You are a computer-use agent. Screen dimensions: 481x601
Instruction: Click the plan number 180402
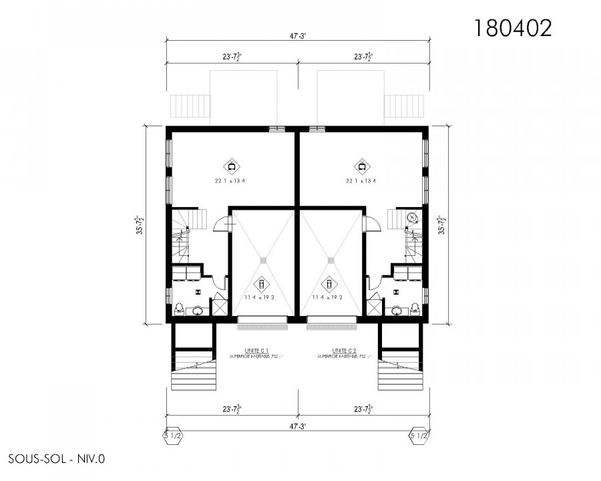coord(513,27)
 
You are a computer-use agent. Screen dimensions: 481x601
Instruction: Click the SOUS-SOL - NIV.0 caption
coord(57,459)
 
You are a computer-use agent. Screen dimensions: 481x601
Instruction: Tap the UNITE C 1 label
coord(256,350)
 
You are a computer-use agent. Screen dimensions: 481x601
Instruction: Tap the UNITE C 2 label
coord(343,350)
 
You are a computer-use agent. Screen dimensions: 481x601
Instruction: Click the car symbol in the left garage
coord(261,283)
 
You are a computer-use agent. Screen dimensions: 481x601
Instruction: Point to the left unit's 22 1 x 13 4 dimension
coord(231,180)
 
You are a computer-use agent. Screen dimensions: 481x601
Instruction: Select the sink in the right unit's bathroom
coord(399,310)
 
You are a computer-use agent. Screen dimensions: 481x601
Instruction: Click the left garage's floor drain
coord(264,260)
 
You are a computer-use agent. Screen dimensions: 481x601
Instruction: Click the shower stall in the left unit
coord(218,307)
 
